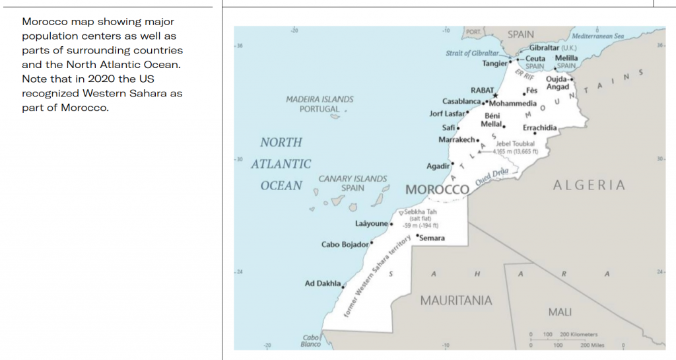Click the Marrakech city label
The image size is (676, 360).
tap(456, 140)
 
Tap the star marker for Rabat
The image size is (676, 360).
tap(495, 96)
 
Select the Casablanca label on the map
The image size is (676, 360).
tap(461, 102)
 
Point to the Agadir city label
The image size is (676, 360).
tap(438, 166)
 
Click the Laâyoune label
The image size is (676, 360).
tap(372, 223)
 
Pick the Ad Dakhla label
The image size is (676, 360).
tap(322, 284)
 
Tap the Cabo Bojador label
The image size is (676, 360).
tap(345, 244)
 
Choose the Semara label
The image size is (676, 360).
tap(432, 238)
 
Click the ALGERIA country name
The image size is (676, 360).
tap(589, 185)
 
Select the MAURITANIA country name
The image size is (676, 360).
tap(456, 301)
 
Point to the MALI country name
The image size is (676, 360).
tap(560, 311)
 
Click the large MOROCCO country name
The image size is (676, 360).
tap(437, 190)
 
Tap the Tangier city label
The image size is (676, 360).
tap(494, 63)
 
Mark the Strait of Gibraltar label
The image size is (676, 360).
tap(472, 53)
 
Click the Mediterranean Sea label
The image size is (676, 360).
tap(598, 36)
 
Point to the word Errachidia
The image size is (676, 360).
tap(539, 127)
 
